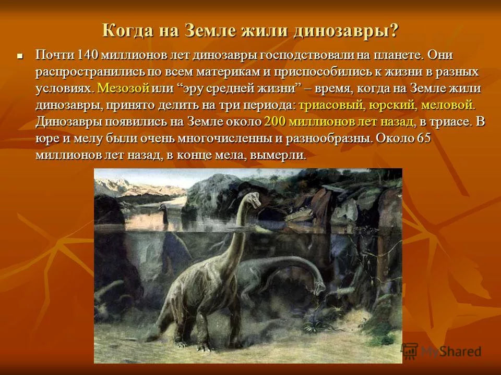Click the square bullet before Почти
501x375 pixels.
(x=20, y=56)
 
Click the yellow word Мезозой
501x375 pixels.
(x=123, y=89)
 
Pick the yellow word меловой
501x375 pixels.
(x=448, y=105)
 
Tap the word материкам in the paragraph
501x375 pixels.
(x=229, y=72)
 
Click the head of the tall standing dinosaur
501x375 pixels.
(x=254, y=199)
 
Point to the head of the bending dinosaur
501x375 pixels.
(x=319, y=287)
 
